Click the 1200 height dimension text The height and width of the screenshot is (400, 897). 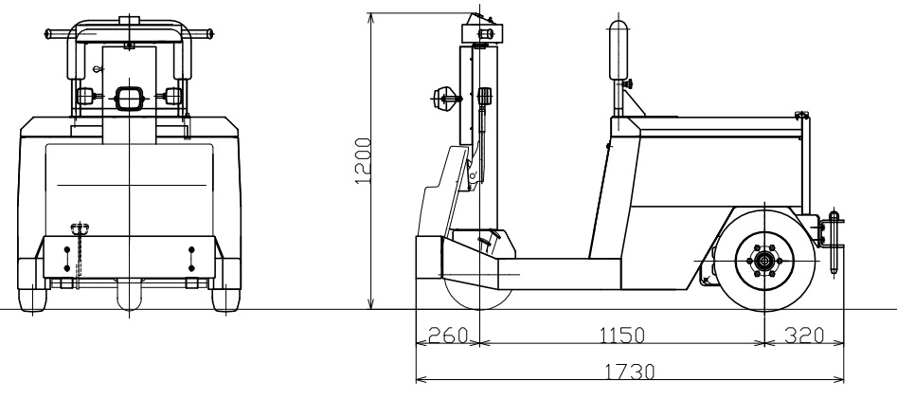(362, 161)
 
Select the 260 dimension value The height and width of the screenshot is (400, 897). (447, 336)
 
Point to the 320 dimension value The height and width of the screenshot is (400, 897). (803, 336)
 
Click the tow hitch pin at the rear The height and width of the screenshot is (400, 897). (834, 237)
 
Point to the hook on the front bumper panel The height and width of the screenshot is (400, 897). (77, 228)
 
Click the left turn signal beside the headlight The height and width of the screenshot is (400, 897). (86, 96)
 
